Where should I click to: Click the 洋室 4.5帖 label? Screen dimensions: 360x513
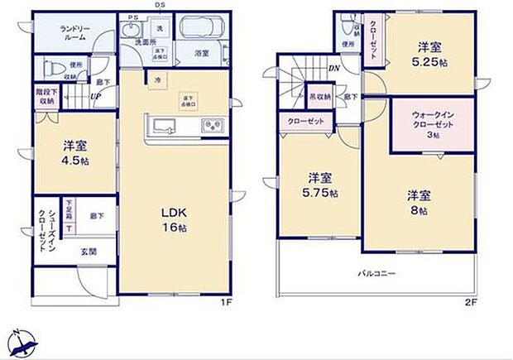(x=75, y=152)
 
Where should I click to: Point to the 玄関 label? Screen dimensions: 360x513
(x=89, y=251)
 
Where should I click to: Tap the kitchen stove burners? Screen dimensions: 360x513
(x=212, y=127)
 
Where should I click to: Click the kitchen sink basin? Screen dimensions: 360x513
(x=162, y=127)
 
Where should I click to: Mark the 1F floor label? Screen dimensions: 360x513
(x=224, y=304)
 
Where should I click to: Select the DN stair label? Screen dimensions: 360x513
(x=333, y=69)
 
